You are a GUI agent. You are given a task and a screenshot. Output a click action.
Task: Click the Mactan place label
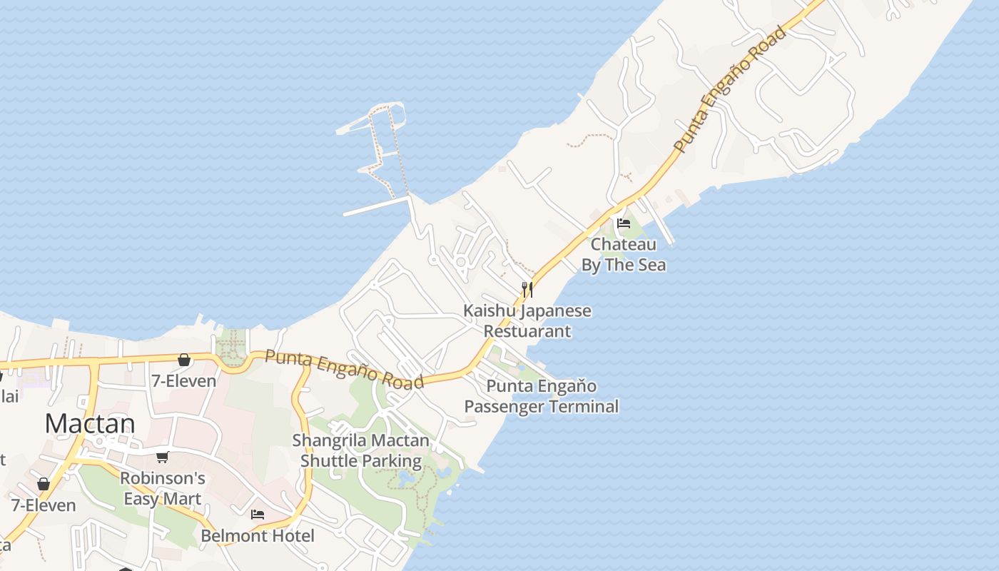pyautogui.click(x=89, y=424)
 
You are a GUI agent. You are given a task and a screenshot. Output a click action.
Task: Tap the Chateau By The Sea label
pyautogui.click(x=623, y=255)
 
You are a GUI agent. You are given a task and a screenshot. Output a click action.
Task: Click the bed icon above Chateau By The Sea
pyautogui.click(x=624, y=223)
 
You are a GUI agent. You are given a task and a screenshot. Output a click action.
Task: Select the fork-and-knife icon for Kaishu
pyautogui.click(x=527, y=289)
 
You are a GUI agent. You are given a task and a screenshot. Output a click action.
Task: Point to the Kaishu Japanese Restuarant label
pyautogui.click(x=527, y=321)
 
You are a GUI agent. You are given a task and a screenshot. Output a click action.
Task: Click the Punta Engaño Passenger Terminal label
pyautogui.click(x=542, y=396)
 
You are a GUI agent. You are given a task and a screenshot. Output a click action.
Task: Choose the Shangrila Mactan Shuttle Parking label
pyautogui.click(x=361, y=450)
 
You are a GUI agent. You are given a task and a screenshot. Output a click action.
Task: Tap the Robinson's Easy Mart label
pyautogui.click(x=163, y=488)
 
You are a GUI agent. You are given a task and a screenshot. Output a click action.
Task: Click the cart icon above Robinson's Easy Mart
pyautogui.click(x=162, y=458)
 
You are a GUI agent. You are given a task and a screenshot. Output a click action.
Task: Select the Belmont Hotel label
pyautogui.click(x=258, y=535)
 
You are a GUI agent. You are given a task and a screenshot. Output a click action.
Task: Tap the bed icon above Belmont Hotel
pyautogui.click(x=258, y=514)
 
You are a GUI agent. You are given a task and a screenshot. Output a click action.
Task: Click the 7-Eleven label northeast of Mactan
pyautogui.click(x=183, y=381)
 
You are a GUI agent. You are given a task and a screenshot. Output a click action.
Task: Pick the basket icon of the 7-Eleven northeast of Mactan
pyautogui.click(x=184, y=360)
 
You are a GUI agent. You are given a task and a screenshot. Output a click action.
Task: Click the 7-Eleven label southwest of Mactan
pyautogui.click(x=44, y=505)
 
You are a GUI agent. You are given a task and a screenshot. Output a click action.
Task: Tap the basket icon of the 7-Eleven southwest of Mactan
pyautogui.click(x=44, y=484)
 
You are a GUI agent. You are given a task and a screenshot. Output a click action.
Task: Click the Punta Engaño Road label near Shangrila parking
pyautogui.click(x=344, y=369)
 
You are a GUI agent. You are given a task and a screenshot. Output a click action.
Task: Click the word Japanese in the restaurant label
pyautogui.click(x=556, y=311)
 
